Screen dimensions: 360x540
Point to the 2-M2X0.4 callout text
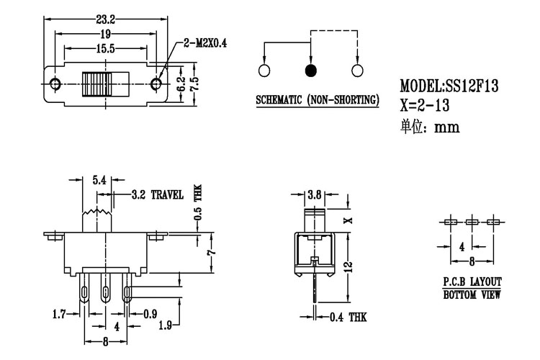[206, 43]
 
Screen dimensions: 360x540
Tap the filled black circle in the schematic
[310, 71]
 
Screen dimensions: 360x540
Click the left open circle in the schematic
[264, 71]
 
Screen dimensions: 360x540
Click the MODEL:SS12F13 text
[449, 86]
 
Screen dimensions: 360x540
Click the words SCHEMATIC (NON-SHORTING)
[318, 99]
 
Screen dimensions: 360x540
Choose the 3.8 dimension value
[315, 194]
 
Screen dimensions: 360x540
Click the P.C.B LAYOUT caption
[472, 282]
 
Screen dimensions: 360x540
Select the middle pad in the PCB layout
[472, 222]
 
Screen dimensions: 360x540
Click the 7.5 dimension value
[194, 84]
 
